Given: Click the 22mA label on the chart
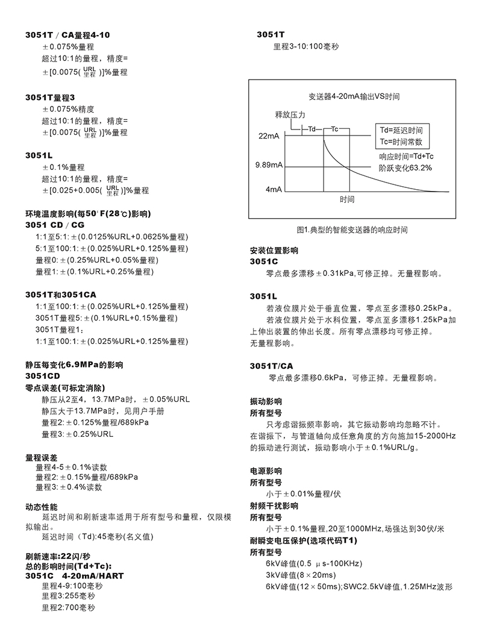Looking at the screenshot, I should (x=269, y=137).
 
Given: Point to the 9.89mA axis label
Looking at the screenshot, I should (x=269, y=164).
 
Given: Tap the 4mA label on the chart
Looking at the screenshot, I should (x=274, y=189).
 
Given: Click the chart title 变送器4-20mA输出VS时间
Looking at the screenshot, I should (x=350, y=96).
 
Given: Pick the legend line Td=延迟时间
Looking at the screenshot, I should (x=401, y=130).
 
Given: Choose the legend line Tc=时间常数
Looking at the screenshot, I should (x=401, y=142).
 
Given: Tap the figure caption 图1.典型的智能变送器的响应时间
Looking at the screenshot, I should (x=352, y=230).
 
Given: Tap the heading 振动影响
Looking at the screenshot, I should (x=266, y=401).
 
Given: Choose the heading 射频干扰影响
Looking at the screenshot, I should (x=274, y=506).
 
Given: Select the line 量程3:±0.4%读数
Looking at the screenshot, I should (x=69, y=487).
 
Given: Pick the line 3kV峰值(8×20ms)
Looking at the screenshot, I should (x=301, y=575).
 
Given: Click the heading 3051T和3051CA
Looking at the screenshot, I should (x=61, y=295).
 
